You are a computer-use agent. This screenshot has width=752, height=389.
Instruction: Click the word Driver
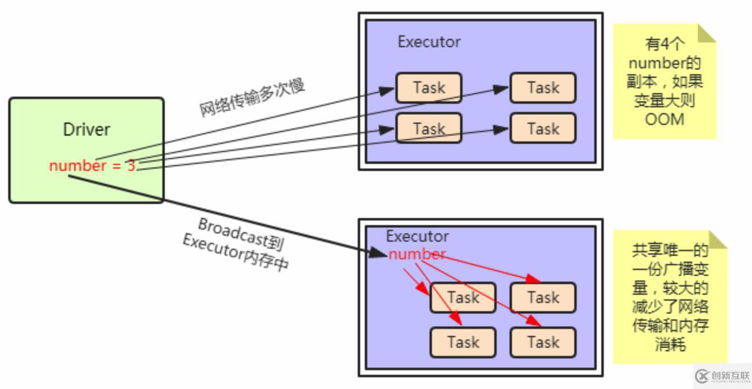click(86, 130)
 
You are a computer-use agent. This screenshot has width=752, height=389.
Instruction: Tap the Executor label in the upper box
click(429, 42)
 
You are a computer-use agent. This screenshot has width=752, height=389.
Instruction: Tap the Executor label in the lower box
click(417, 236)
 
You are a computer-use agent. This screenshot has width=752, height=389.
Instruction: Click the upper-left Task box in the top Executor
click(429, 88)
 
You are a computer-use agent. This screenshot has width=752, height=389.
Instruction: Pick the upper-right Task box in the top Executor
click(543, 88)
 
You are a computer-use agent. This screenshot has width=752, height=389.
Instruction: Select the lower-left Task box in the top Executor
click(429, 128)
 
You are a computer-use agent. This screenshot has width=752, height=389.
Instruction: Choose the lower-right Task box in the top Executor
click(543, 128)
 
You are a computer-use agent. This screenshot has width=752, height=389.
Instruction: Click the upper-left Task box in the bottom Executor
click(463, 298)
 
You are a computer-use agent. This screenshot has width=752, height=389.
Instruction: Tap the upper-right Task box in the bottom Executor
click(543, 298)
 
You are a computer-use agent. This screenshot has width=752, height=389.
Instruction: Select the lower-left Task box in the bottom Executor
click(463, 342)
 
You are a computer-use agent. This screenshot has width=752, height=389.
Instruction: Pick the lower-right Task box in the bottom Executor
click(543, 342)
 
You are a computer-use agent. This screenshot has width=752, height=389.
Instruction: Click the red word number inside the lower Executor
click(417, 255)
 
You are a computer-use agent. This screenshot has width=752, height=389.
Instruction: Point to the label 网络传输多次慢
click(252, 98)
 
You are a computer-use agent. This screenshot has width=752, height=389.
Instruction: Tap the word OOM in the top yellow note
click(664, 119)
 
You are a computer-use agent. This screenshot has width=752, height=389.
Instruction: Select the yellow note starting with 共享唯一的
click(670, 298)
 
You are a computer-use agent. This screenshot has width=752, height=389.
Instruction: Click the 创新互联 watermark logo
click(723, 375)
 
